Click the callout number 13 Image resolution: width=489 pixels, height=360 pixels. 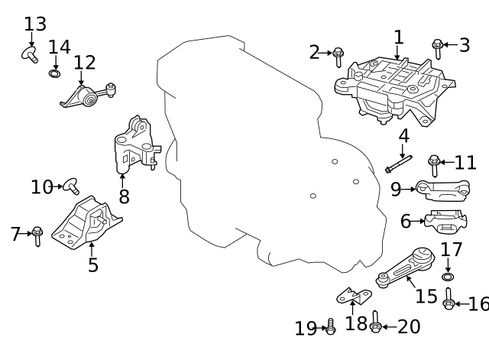click(x=35, y=24)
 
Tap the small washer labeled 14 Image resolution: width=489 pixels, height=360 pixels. click(x=54, y=73)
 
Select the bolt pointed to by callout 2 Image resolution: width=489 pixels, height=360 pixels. click(x=338, y=57)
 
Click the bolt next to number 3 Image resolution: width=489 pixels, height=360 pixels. click(x=438, y=49)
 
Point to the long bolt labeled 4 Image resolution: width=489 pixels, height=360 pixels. click(x=399, y=164)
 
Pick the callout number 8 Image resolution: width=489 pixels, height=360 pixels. click(x=124, y=196)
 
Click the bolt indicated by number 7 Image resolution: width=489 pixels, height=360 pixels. click(x=37, y=236)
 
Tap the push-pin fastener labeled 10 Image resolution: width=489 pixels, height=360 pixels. click(x=71, y=186)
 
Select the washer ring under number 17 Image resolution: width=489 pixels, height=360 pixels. click(x=448, y=277)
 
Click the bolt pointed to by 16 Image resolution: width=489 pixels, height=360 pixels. click(x=449, y=299)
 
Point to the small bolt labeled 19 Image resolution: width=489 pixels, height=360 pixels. click(x=331, y=326)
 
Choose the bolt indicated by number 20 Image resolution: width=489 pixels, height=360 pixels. click(x=375, y=322)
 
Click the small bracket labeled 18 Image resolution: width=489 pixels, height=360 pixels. click(x=354, y=297)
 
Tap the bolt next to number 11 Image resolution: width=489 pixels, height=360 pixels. click(x=434, y=165)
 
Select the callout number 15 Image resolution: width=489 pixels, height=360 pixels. click(x=426, y=296)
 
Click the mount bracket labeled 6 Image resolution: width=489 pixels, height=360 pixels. click(x=445, y=221)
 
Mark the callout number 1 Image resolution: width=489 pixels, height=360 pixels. click(x=399, y=37)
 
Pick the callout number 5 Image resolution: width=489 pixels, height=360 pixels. click(x=93, y=265)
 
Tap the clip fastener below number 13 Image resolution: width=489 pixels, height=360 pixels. click(x=30, y=55)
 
